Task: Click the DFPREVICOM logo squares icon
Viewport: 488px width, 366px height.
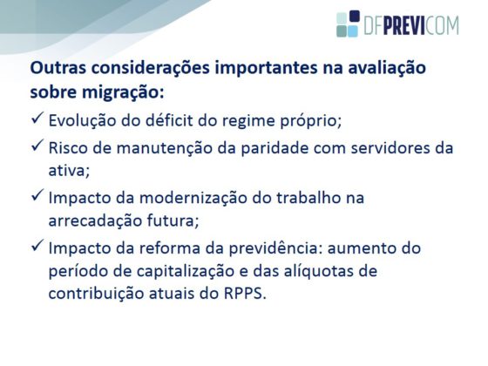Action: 348,24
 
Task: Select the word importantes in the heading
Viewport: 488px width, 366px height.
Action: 266,69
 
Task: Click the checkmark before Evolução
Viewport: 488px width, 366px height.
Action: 37,119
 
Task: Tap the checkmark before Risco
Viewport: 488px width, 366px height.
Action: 37,146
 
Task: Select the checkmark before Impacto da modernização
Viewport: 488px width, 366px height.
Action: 37,195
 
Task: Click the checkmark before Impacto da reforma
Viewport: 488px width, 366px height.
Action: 37,246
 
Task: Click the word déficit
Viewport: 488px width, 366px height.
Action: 169,120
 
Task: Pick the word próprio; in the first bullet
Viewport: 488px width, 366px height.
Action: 311,121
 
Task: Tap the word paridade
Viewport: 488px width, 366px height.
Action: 274,148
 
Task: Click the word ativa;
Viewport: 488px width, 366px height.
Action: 69,171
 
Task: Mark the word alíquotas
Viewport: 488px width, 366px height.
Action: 319,271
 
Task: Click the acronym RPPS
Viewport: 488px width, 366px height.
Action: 245,294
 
